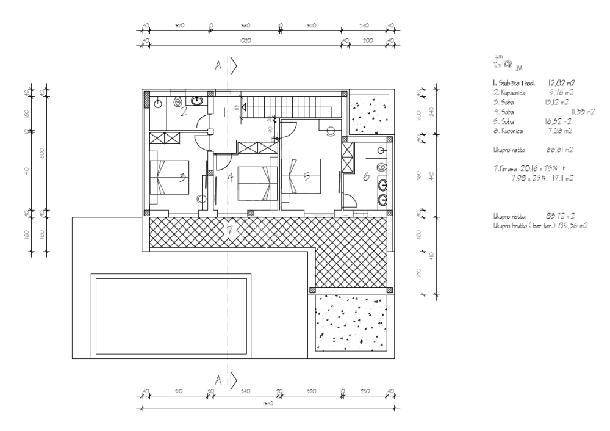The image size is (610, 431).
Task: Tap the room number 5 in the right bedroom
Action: click(x=307, y=176)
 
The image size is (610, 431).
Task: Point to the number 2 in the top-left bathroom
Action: click(x=183, y=111)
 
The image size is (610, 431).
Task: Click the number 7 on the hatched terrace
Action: click(x=229, y=230)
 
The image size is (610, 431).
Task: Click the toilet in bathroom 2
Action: click(x=179, y=102)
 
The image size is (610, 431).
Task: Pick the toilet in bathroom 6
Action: click(x=382, y=165)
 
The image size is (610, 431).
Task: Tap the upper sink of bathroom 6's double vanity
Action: click(x=382, y=183)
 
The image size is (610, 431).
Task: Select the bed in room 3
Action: click(x=170, y=176)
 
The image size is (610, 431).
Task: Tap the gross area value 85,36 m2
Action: click(x=576, y=226)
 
